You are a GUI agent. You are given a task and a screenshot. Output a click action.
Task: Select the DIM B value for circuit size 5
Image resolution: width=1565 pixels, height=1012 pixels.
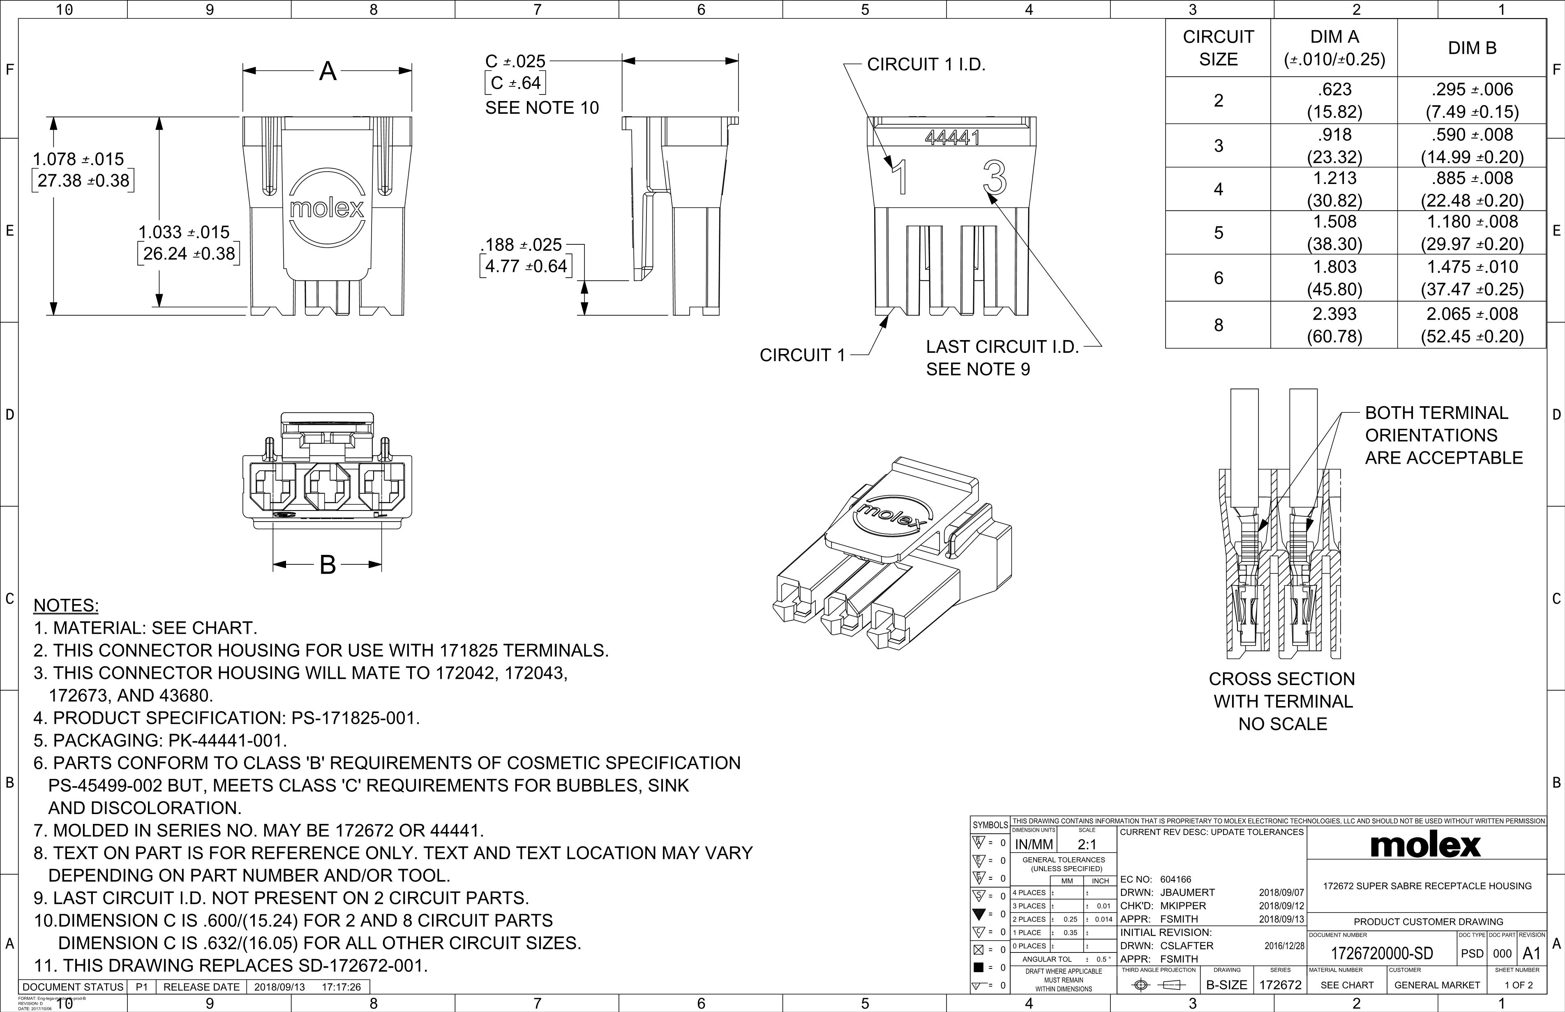tap(1472, 232)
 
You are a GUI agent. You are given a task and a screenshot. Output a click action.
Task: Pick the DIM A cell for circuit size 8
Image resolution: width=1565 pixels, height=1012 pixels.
tap(1334, 324)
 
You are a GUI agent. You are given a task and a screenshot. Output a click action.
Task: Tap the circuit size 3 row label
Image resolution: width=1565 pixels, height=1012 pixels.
tap(1218, 145)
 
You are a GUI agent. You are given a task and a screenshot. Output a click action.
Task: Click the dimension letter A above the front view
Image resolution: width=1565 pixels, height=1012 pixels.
tap(328, 71)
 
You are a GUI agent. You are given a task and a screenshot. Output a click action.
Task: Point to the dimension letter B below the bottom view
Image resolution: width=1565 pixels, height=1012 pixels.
tap(328, 564)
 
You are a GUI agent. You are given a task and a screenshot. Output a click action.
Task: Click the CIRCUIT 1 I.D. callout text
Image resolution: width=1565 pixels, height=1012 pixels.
tap(926, 64)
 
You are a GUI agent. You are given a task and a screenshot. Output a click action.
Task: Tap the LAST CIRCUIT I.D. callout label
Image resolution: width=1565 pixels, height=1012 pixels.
tap(1002, 347)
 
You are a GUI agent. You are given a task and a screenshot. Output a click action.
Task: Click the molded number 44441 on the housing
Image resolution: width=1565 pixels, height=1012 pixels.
tap(952, 137)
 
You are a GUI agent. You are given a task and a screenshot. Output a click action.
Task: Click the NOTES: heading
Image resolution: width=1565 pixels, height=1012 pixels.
tap(66, 605)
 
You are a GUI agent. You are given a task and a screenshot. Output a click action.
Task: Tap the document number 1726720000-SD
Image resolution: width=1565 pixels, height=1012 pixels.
tap(1382, 954)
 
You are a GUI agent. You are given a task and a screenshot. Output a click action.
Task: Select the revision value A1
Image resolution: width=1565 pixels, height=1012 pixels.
tap(1531, 954)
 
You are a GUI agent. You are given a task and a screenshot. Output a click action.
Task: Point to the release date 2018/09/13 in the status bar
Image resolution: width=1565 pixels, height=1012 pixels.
tap(279, 987)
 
